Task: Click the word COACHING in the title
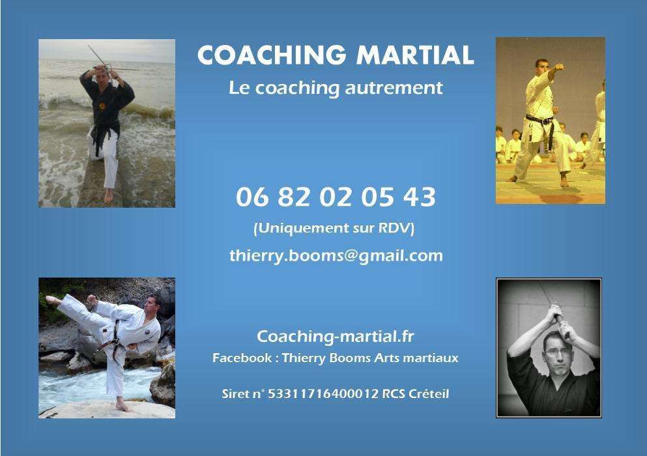[x=272, y=55]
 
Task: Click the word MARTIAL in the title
[x=415, y=55]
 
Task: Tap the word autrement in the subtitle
[x=394, y=88]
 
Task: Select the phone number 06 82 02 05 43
[x=336, y=197]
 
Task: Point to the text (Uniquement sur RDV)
[x=334, y=228]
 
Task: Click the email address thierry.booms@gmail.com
[x=336, y=256]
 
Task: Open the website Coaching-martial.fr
[x=335, y=336]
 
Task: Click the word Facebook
[x=242, y=358]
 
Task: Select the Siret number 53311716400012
[x=323, y=393]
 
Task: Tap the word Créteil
[x=429, y=393]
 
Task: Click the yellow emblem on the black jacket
[x=102, y=106]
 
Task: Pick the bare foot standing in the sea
[x=109, y=195]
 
